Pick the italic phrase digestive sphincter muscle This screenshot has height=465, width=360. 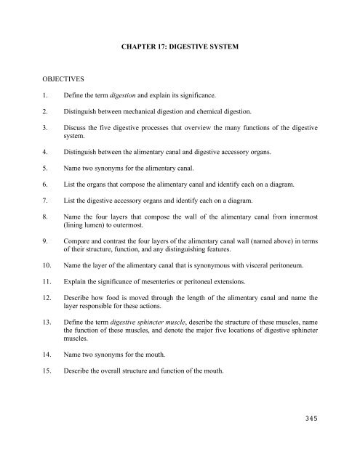coord(164,363)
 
